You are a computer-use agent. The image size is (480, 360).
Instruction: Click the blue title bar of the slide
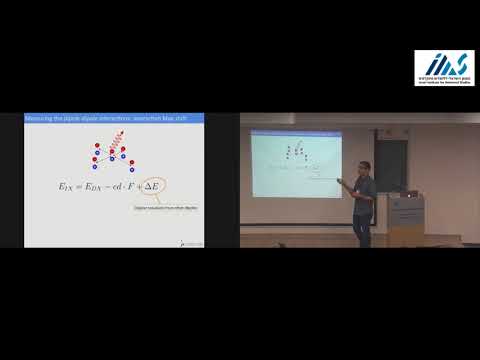tap(120, 120)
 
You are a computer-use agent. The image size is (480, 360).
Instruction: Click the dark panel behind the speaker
tap(390, 160)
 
